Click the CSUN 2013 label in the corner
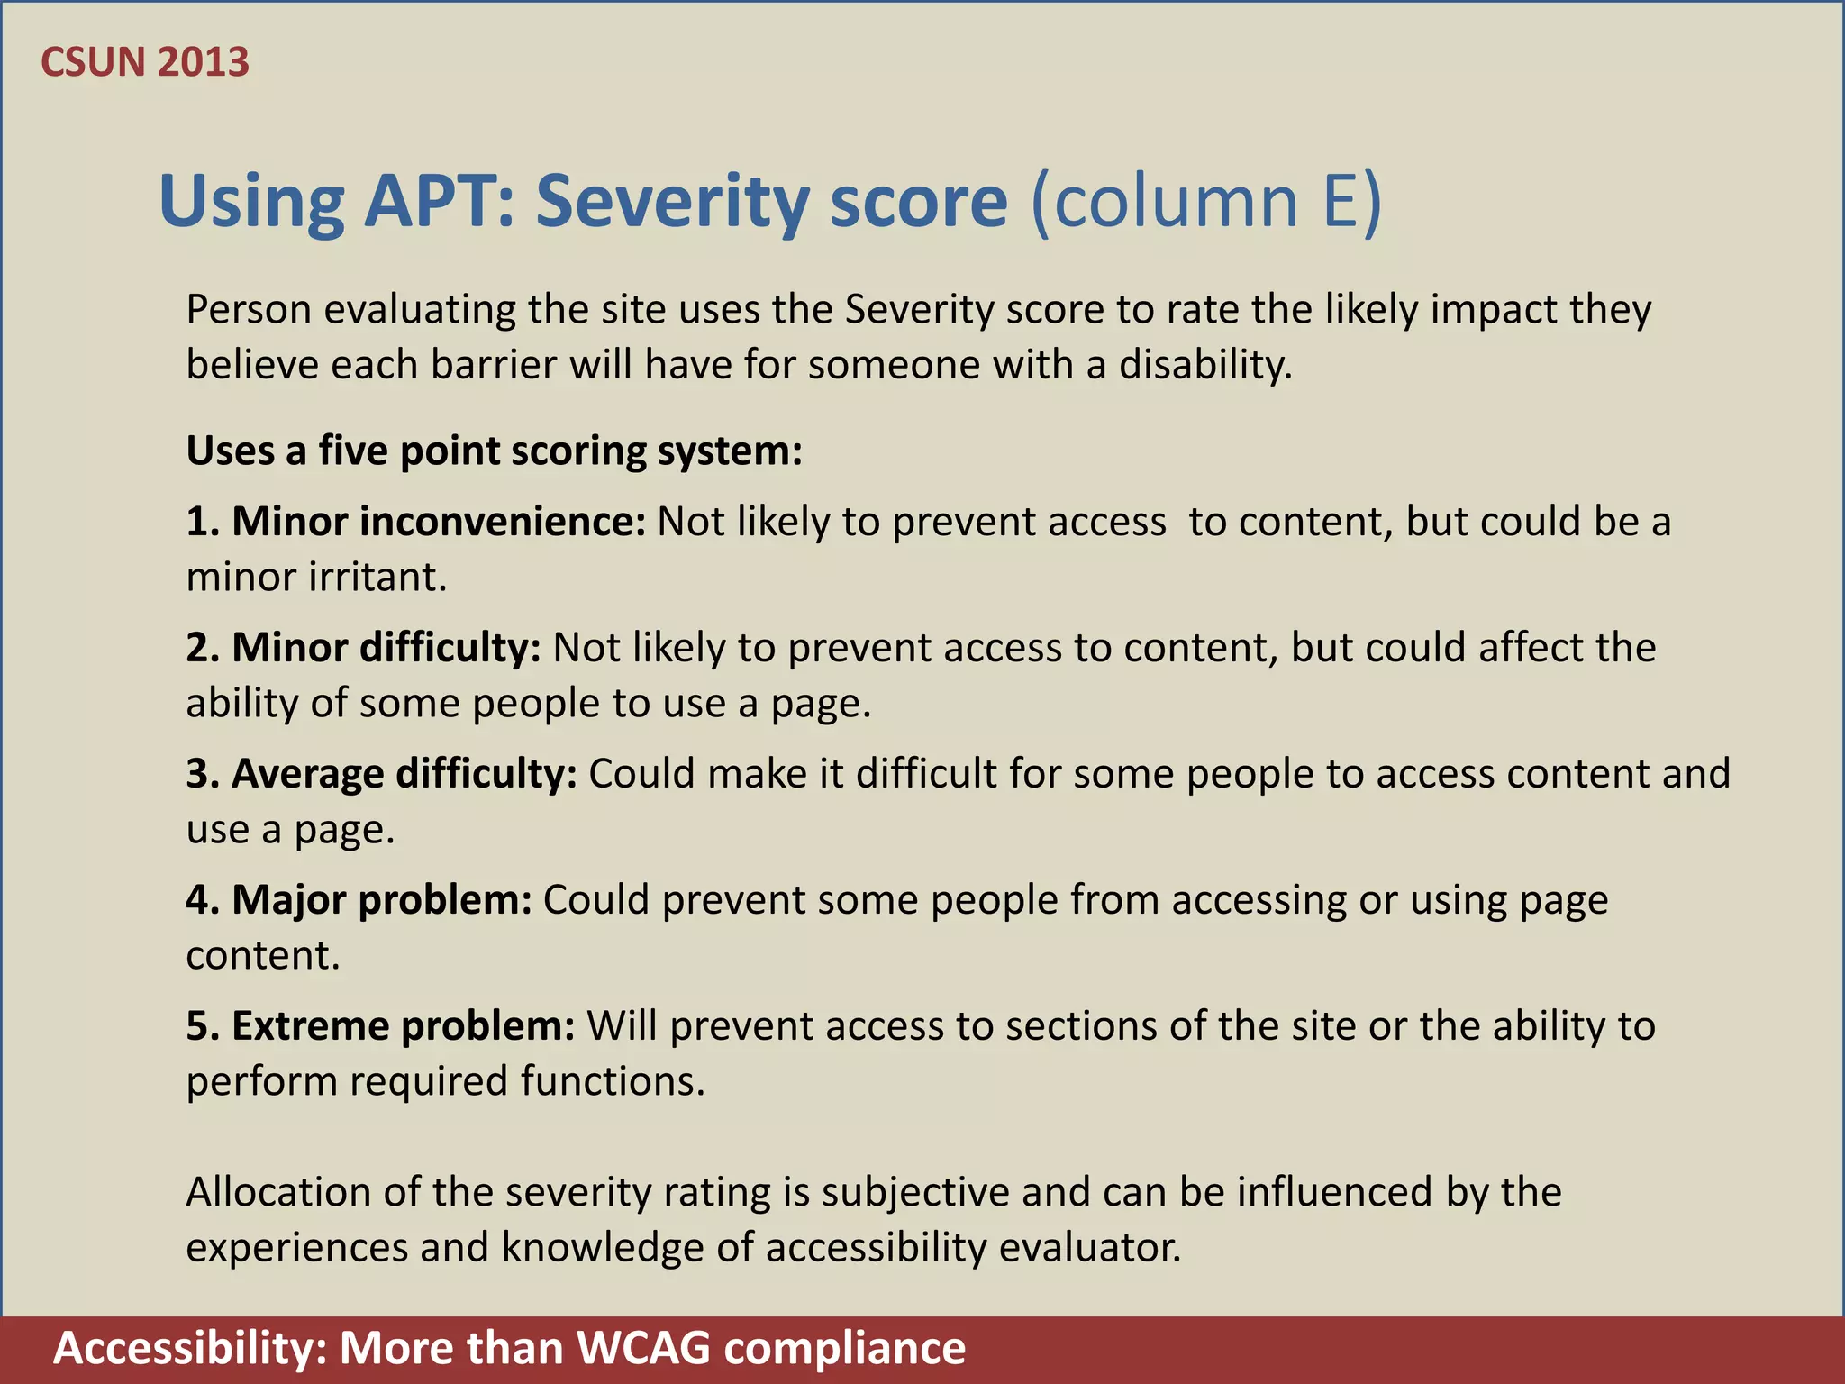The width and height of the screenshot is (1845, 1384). pyautogui.click(x=145, y=62)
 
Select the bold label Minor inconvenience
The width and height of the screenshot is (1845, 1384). pyautogui.click(x=416, y=522)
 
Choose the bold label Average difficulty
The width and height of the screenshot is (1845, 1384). pyautogui.click(x=382, y=774)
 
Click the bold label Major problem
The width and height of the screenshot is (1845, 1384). pyautogui.click(x=359, y=900)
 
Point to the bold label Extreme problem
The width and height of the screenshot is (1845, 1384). pyautogui.click(x=380, y=1026)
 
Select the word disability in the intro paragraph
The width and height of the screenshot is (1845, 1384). pyautogui.click(x=1205, y=365)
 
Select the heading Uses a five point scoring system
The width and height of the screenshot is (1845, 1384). pyautogui.click(x=494, y=451)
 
